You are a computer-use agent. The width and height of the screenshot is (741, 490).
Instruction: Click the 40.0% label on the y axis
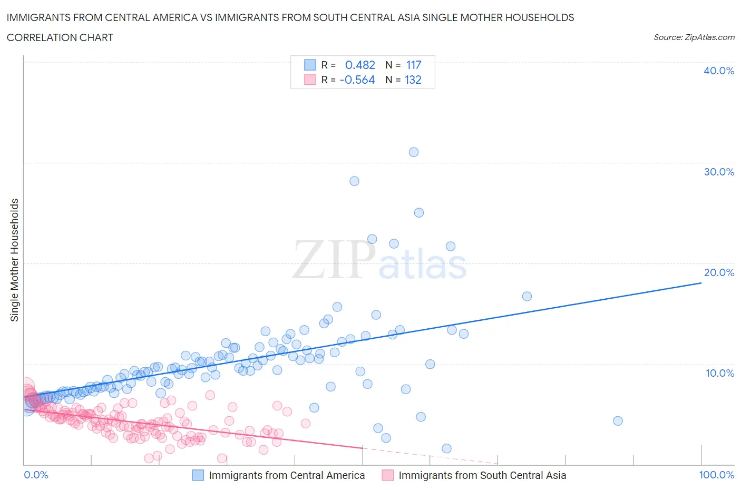coord(719,71)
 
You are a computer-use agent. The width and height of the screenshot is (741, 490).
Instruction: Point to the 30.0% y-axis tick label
coord(719,172)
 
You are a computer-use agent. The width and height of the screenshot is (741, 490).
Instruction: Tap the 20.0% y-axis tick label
coord(719,272)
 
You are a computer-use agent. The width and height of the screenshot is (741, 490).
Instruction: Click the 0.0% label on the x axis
coord(36,475)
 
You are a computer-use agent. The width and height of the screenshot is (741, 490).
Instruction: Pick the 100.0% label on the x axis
coord(716,475)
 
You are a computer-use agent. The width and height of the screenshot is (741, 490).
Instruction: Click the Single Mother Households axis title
coord(15,260)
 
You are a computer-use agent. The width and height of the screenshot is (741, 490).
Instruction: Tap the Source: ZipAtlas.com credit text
coord(694,37)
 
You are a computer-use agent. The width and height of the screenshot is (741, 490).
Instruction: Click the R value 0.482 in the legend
coord(360,65)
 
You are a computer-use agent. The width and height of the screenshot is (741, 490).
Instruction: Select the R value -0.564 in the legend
coord(357,80)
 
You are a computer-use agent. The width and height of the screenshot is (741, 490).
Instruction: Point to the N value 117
coord(414,65)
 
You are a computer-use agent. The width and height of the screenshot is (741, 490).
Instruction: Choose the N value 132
coord(413,80)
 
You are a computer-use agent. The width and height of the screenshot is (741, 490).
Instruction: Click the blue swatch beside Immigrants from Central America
coord(198,475)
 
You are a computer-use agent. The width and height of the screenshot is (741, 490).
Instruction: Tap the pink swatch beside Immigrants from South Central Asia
coord(387,475)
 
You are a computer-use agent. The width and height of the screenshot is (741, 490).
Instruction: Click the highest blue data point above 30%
coord(414,152)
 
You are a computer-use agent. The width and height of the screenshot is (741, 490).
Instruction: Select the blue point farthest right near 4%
coord(618,420)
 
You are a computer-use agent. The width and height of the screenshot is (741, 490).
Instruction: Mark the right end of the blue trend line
coord(701,283)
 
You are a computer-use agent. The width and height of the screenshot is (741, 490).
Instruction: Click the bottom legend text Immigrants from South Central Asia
coord(482,475)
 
